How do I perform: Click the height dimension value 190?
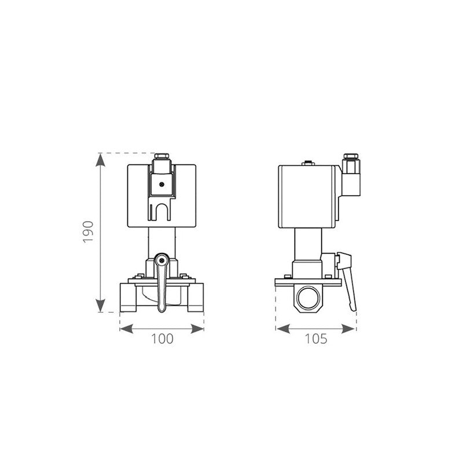tap(88, 231)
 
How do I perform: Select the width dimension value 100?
tap(161, 339)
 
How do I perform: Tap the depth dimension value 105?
tap(316, 339)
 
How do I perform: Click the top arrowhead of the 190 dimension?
tap(101, 160)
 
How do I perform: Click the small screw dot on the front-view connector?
tap(161, 184)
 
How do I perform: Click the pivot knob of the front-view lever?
tap(161, 260)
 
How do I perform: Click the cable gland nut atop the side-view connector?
tap(350, 157)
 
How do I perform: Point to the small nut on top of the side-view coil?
tap(307, 163)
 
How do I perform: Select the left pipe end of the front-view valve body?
tap(127, 296)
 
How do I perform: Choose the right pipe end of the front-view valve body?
tap(196, 296)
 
